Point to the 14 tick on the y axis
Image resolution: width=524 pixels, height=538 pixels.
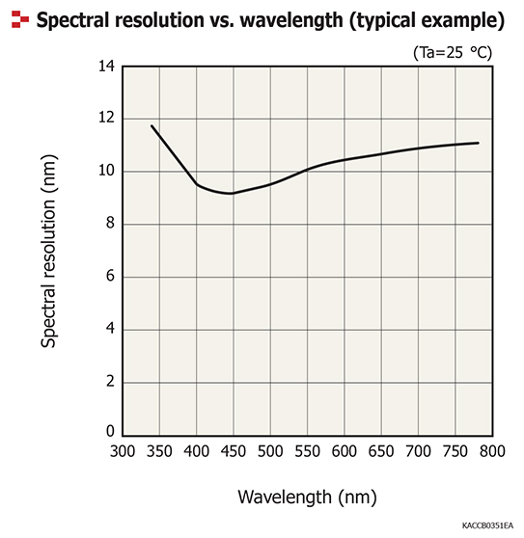pyautogui.click(x=106, y=67)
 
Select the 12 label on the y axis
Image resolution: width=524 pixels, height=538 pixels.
pyautogui.click(x=106, y=119)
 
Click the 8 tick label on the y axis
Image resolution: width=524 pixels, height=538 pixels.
pyautogui.click(x=110, y=224)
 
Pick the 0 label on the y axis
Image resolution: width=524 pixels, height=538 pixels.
pyautogui.click(x=110, y=432)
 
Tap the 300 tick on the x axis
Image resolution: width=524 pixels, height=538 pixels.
pyautogui.click(x=123, y=450)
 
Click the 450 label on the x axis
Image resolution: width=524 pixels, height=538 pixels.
pyautogui.click(x=234, y=450)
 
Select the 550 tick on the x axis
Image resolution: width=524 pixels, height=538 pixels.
pyautogui.click(x=308, y=450)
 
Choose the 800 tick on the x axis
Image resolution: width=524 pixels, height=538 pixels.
pyautogui.click(x=492, y=450)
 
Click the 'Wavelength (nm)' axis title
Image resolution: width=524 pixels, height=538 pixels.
pyautogui.click(x=306, y=497)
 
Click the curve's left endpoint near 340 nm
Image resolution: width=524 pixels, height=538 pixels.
pyautogui.click(x=152, y=125)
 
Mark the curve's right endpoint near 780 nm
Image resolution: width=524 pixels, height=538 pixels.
pyautogui.click(x=478, y=143)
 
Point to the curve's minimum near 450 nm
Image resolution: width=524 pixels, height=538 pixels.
pyautogui.click(x=232, y=194)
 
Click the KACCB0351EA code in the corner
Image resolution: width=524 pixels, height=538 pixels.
pyautogui.click(x=486, y=526)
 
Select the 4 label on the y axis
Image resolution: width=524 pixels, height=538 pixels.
pyautogui.click(x=110, y=329)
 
